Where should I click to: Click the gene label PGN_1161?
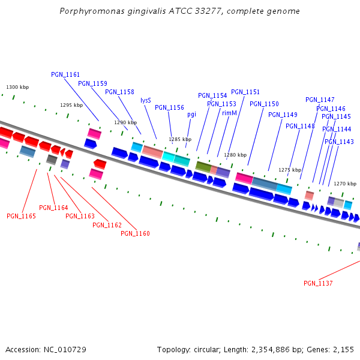(65, 74)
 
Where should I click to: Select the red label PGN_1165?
(21, 216)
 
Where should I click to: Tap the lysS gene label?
(146, 100)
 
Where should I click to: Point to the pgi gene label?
(191, 114)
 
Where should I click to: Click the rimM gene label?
(229, 113)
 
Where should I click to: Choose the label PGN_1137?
(318, 283)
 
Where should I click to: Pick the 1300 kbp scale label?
(17, 88)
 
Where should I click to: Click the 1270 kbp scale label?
(345, 184)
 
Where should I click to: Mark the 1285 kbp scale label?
(180, 139)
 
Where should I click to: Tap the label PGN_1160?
(135, 233)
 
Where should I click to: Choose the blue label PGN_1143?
(339, 142)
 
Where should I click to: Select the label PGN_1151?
(245, 92)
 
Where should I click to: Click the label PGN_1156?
(169, 107)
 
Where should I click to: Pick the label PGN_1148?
(300, 126)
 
